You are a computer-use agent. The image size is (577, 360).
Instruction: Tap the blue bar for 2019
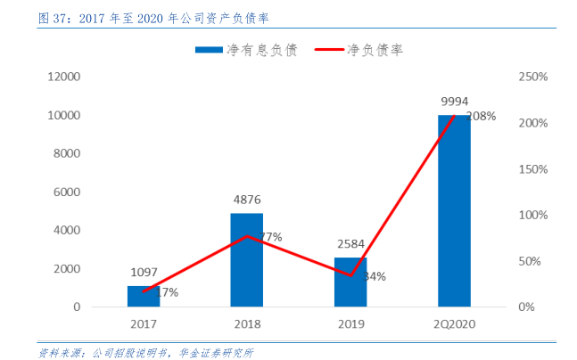pos(350,282)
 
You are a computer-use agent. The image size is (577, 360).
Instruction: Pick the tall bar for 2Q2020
pos(454,211)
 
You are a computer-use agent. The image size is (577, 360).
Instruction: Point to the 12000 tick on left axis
pos(64,78)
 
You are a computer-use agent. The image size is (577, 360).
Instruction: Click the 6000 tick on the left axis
pos(67,192)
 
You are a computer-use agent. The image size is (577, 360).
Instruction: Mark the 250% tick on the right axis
pos(532,78)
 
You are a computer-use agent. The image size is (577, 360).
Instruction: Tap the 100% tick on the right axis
pos(532,216)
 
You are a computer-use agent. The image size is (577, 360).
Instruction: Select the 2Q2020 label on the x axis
pos(454,325)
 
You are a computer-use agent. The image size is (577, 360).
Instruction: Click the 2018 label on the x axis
pos(246,325)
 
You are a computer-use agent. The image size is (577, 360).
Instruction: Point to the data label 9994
pos(454,102)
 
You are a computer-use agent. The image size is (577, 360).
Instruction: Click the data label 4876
pos(246,200)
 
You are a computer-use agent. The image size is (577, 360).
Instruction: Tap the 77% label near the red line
pos(270,237)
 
